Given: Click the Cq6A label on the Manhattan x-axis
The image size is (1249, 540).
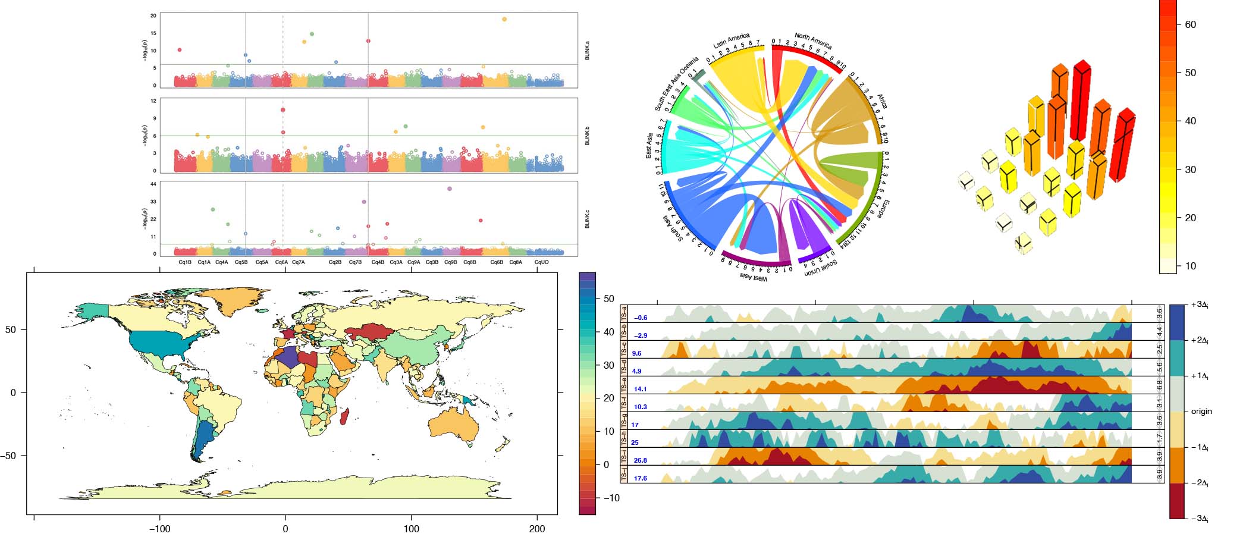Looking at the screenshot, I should [x=281, y=262].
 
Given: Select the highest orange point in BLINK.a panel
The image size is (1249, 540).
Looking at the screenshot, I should [x=504, y=19].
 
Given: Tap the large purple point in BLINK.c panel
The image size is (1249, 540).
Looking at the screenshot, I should [x=449, y=189].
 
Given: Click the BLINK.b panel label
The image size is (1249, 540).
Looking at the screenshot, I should [x=588, y=136].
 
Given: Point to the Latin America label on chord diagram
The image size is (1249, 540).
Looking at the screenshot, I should [x=732, y=40].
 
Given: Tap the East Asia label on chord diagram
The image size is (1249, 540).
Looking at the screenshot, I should [x=649, y=146].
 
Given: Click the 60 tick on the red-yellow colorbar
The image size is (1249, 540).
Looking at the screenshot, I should [x=1190, y=24].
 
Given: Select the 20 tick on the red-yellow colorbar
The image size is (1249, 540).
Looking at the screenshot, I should [x=1190, y=218].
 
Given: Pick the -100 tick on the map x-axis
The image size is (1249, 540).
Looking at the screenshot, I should [x=159, y=529].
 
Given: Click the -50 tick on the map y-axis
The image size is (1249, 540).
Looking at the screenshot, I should [x=13, y=456].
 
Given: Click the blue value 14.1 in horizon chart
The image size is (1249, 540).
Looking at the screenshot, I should [x=640, y=390].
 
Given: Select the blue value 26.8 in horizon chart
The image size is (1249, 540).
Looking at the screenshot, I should [x=640, y=461].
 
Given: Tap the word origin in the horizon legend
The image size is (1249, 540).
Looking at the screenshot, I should [x=1201, y=412].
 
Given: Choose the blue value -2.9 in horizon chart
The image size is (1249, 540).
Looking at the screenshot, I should [x=640, y=336].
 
